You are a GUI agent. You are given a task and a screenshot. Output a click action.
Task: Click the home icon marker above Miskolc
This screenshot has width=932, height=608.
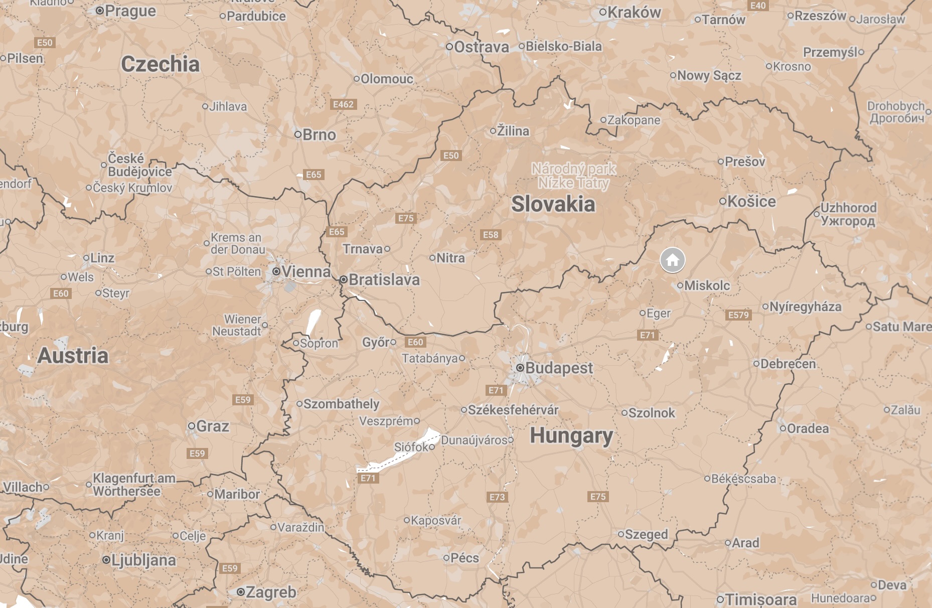[x=672, y=260]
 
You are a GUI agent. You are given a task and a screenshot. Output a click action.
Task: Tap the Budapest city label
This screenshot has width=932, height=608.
[x=559, y=368]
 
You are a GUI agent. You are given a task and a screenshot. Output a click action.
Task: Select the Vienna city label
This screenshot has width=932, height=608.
[x=306, y=271]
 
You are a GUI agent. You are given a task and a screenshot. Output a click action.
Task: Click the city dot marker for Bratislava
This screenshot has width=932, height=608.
[x=344, y=280]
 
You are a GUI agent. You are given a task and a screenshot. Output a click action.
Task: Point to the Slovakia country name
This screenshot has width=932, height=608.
[x=553, y=204]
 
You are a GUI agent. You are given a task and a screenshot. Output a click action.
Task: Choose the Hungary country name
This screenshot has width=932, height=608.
[x=571, y=435]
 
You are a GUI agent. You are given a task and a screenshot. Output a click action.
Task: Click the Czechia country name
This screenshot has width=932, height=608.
[x=161, y=64]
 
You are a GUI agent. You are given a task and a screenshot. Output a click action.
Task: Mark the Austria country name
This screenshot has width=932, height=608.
[x=73, y=356]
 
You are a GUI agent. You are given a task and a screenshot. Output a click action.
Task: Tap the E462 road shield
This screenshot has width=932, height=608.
[x=344, y=104]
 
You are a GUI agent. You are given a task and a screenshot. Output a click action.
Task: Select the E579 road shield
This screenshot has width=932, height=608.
[x=738, y=315]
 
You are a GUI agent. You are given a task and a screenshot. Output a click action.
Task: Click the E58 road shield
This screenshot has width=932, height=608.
[x=491, y=235]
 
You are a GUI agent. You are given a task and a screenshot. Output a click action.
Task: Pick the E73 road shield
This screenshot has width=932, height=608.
[x=497, y=497]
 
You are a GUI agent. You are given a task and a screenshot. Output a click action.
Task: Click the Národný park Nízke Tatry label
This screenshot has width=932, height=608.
[x=574, y=176]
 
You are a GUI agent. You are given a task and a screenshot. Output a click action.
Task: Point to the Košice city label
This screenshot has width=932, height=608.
[x=751, y=201]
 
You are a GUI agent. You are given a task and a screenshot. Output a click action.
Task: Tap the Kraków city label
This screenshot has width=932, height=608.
[x=634, y=13]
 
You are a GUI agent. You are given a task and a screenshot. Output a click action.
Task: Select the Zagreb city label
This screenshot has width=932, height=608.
[x=271, y=592]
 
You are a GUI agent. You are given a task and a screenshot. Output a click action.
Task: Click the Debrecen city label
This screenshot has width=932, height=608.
[x=788, y=364]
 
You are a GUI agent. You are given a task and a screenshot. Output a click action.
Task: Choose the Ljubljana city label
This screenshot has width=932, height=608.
[x=143, y=560]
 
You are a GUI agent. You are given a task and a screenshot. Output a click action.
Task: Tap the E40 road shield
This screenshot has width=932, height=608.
[x=758, y=6]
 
